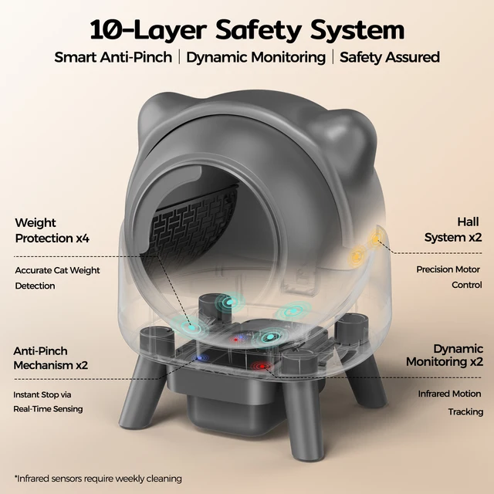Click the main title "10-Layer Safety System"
coord(247,30)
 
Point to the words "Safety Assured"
coord(389,58)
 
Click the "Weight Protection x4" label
coord(52,231)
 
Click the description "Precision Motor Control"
coord(448,277)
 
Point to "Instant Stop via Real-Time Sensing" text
coord(49,401)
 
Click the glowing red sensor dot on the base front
coord(261,366)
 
